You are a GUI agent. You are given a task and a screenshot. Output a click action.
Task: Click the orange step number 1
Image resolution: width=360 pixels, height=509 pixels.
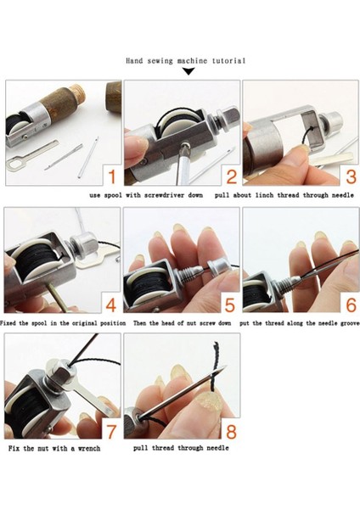[x=112, y=177]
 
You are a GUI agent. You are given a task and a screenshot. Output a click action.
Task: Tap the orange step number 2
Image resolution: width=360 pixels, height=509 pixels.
[x=231, y=177]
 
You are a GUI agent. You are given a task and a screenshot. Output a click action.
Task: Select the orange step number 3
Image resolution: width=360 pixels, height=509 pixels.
[x=351, y=177]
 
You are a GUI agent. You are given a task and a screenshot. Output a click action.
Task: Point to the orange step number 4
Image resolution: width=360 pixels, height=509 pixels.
[x=111, y=305]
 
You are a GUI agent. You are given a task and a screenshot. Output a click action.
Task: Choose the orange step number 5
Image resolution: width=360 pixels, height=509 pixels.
[x=230, y=305]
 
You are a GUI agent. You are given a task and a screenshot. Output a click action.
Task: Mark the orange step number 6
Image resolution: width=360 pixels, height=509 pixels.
[x=351, y=305]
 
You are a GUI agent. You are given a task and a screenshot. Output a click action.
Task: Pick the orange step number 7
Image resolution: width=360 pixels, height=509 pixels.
[x=111, y=432]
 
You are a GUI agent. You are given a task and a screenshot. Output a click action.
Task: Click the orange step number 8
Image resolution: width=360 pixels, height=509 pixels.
[x=231, y=432]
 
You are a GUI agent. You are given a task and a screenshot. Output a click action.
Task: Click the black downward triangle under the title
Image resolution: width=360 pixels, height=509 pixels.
[x=188, y=71]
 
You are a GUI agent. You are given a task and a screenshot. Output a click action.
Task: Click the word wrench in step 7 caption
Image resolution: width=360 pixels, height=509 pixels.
[x=89, y=448]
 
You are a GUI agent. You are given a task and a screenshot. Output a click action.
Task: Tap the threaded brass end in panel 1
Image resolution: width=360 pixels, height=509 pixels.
[x=78, y=92]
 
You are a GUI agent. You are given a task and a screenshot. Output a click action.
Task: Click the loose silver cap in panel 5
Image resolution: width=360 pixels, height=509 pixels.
[x=218, y=266]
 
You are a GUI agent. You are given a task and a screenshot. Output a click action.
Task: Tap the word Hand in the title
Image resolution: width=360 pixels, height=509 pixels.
[x=134, y=61]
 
